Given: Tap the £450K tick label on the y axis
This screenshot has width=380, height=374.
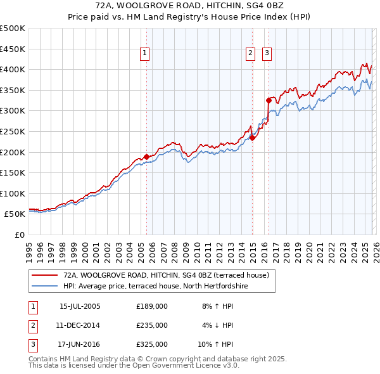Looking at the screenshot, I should pyautogui.click(x=13, y=49).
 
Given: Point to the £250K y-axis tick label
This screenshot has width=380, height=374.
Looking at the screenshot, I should pyautogui.click(x=13, y=131).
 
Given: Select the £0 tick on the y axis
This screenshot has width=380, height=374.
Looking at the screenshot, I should pyautogui.click(x=20, y=235).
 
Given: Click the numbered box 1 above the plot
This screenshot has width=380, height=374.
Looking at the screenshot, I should pyautogui.click(x=146, y=54).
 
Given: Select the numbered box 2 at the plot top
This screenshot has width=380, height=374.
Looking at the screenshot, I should pyautogui.click(x=251, y=54).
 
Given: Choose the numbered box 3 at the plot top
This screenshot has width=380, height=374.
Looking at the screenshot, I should pyautogui.click(x=267, y=54).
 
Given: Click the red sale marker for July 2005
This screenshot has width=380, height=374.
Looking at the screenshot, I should pyautogui.click(x=146, y=157).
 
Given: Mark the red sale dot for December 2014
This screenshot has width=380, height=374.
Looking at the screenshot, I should pyautogui.click(x=252, y=138).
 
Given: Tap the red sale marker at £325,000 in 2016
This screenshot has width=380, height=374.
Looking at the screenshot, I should pyautogui.click(x=269, y=100).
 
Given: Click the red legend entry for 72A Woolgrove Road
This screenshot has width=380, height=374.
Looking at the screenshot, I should pyautogui.click(x=166, y=275).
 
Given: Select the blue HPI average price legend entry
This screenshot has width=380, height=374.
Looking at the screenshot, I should pyautogui.click(x=155, y=286).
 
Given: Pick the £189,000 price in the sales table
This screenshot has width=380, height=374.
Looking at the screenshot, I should pyautogui.click(x=152, y=306).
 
